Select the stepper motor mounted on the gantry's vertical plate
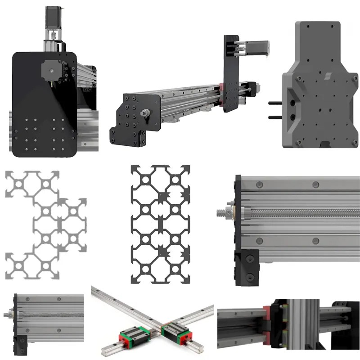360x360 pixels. [x=256, y=46]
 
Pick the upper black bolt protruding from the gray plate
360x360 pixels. [x=275, y=103]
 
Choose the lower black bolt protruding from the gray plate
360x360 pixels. [x=275, y=117]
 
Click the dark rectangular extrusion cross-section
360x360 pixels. [x=160, y=224]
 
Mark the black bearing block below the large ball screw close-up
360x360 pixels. [x=247, y=268]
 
